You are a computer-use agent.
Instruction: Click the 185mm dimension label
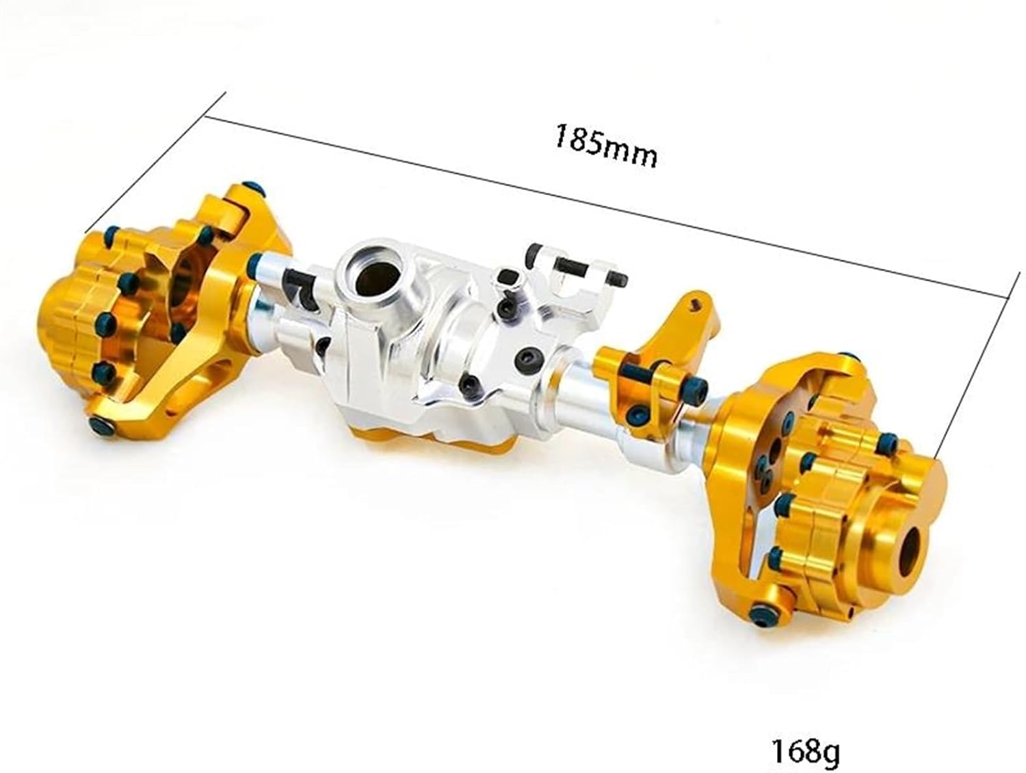tap(605, 145)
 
